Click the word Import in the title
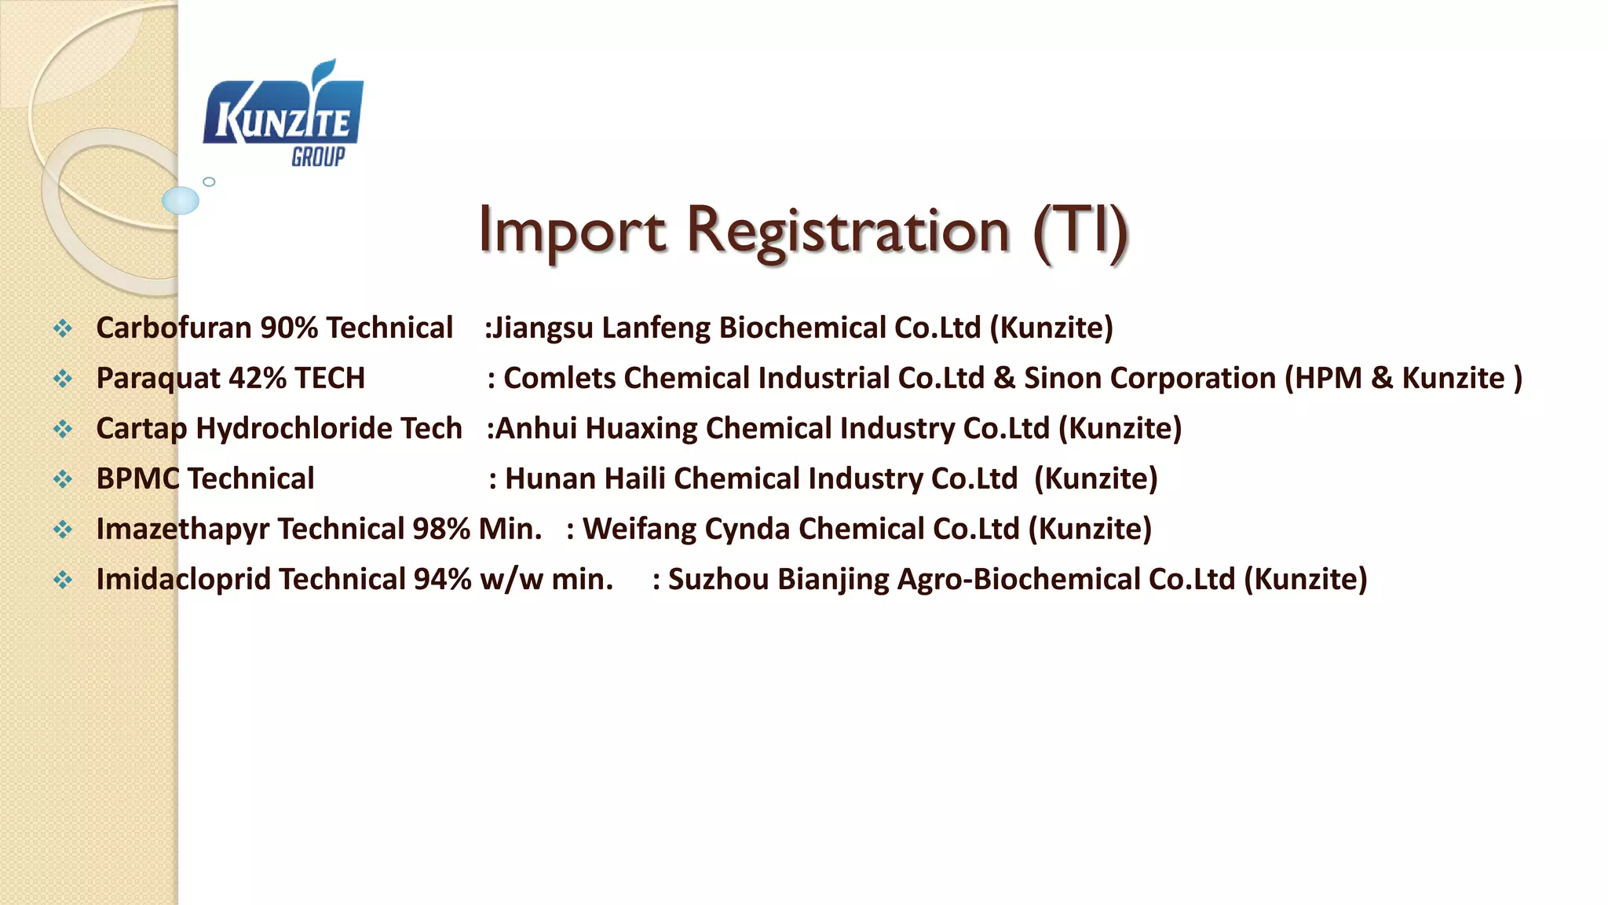[x=572, y=230]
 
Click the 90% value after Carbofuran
[x=288, y=328]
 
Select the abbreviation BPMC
[x=137, y=478]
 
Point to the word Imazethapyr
[x=182, y=529]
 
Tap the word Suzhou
[x=718, y=579]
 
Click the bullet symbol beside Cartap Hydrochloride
[x=63, y=429]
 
